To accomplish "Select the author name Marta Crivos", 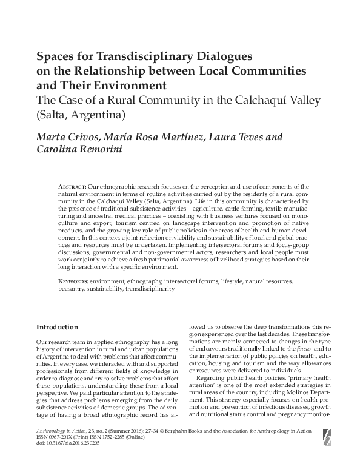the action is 65,137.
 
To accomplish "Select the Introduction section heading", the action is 58,326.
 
